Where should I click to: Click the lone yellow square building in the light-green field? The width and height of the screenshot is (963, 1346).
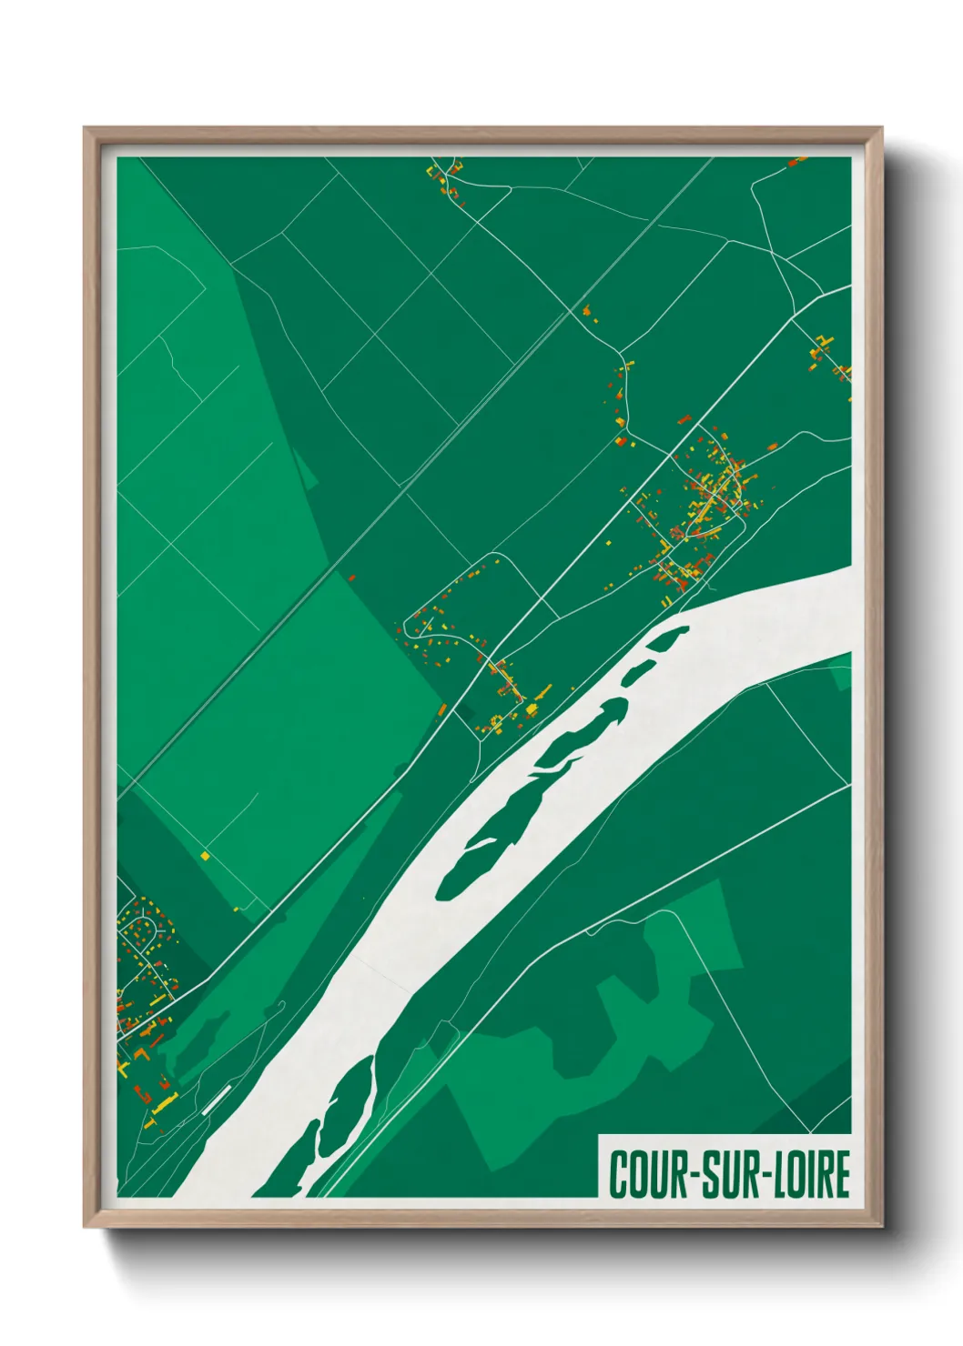point(206,855)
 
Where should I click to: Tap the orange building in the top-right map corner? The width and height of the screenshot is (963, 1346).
point(796,162)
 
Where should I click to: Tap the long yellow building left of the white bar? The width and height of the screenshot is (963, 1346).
point(165,1105)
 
